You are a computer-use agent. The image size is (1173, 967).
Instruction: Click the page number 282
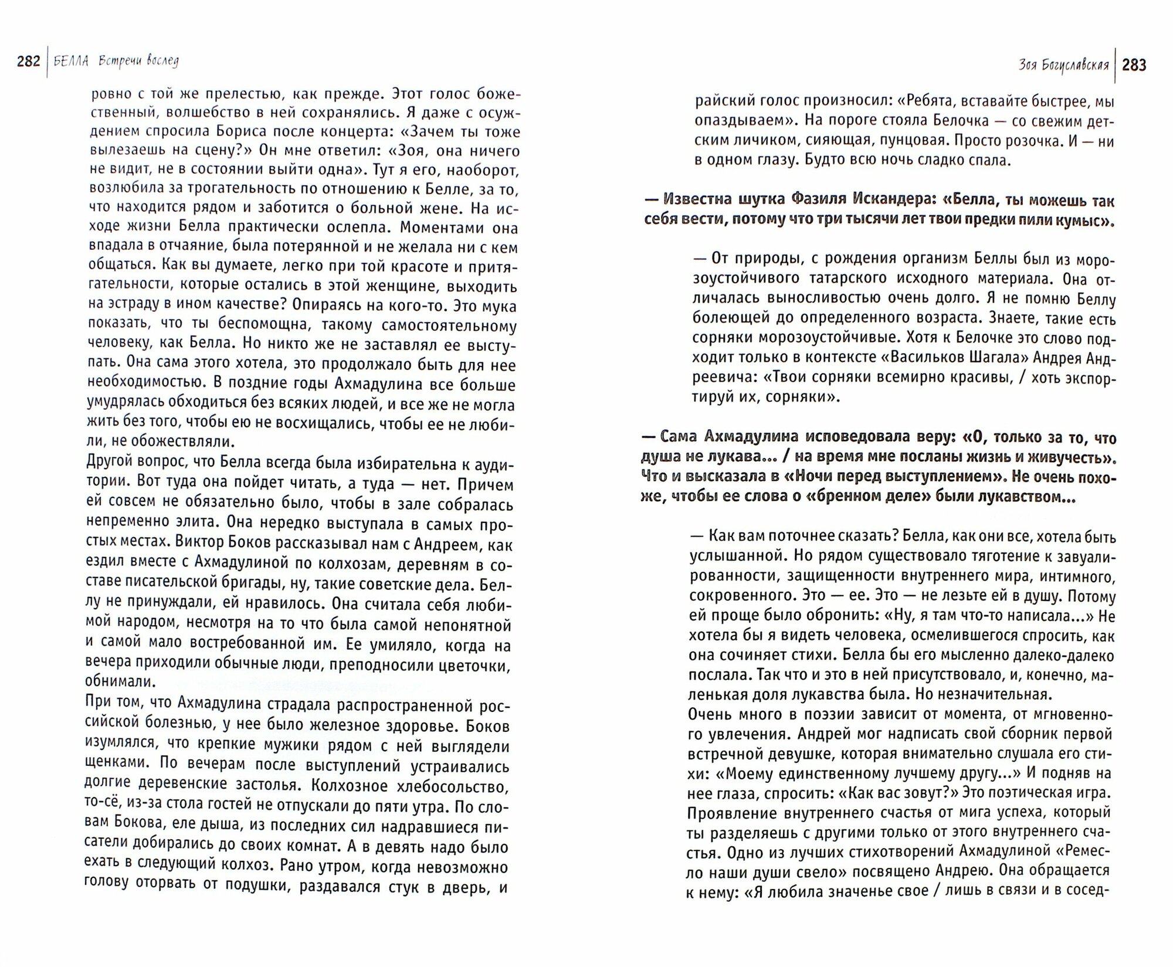(x=29, y=62)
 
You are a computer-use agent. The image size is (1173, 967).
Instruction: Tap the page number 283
(x=1134, y=65)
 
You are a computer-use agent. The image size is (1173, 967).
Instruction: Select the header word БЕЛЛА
(x=70, y=62)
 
